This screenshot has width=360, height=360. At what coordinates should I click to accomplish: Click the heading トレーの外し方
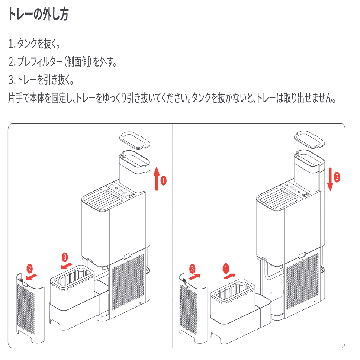coord(38,15)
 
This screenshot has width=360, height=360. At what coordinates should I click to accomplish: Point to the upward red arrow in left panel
coord(157,179)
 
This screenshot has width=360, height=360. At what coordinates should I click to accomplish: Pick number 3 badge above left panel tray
coord(64,257)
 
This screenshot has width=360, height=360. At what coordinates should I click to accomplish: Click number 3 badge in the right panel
coord(192,268)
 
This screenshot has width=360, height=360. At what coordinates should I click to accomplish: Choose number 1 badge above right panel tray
coord(225,267)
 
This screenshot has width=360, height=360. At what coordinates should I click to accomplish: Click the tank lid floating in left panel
coord(134,139)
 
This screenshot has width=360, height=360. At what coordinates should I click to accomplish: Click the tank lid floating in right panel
coord(309,139)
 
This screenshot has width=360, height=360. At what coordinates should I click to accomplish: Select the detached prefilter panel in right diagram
coord(193,305)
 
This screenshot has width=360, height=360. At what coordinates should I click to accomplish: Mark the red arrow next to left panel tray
coord(67,266)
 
